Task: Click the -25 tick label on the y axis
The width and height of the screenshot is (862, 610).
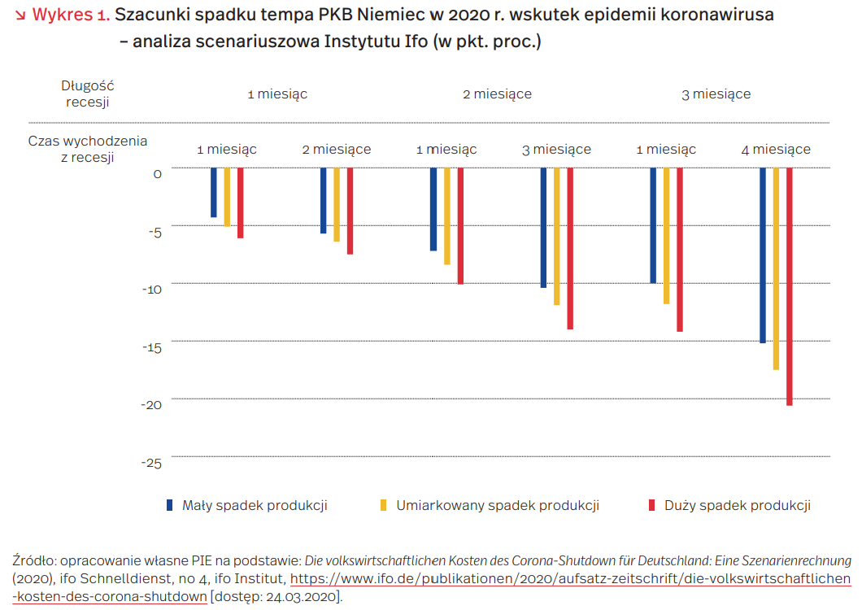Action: tap(151, 463)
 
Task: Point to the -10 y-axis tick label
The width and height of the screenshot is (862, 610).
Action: tap(152, 290)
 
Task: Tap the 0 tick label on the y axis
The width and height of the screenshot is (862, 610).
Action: tap(157, 174)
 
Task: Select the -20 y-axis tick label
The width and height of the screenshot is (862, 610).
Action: tap(152, 405)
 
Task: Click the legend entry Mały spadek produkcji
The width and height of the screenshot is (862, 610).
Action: tap(247, 506)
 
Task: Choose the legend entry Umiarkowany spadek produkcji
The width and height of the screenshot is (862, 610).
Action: tap(490, 506)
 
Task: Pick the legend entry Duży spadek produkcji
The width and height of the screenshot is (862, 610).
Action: tap(729, 506)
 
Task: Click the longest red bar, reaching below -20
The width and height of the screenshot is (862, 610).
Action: tap(790, 286)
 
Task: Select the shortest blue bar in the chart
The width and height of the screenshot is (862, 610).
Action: tap(214, 193)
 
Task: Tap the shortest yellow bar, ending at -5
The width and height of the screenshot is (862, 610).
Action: tap(227, 197)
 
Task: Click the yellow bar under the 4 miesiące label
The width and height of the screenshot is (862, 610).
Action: tap(777, 268)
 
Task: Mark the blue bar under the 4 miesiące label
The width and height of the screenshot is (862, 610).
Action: tap(763, 255)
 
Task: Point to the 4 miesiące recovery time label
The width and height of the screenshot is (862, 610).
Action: tap(776, 149)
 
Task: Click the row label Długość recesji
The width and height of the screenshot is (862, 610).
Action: tap(87, 94)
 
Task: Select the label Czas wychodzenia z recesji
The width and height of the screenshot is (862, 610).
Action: tap(87, 149)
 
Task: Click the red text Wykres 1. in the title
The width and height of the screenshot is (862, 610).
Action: tap(71, 15)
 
